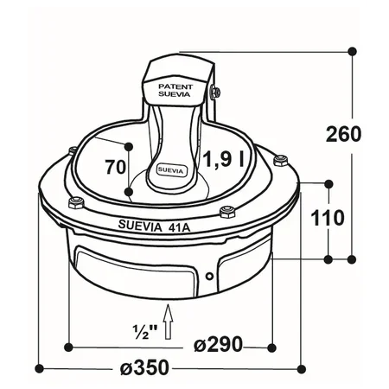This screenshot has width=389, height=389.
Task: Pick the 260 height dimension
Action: [342, 134]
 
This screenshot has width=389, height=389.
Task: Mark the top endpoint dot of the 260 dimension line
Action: [352, 50]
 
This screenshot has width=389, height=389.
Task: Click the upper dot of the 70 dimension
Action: [129, 145]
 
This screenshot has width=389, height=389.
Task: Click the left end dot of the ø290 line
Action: [69, 347]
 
